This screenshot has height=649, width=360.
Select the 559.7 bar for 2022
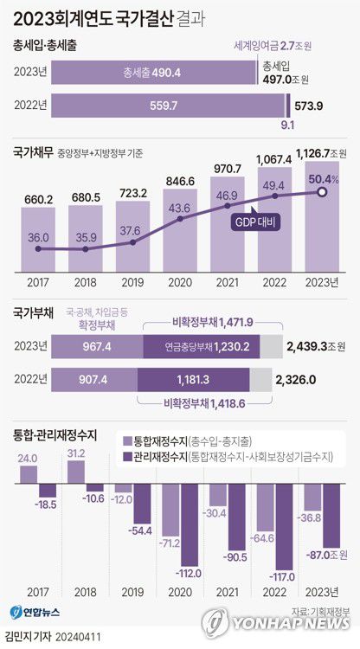pos(168,106)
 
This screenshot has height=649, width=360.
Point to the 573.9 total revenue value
pos(309,106)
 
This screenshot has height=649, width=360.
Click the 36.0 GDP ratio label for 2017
pos(37,236)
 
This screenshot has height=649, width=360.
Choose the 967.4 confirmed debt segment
pos(95,346)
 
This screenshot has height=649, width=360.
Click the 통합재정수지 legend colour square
pos(130,440)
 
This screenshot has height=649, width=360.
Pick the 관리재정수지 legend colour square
pos(130,455)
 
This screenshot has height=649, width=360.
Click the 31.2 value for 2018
pos(76,453)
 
